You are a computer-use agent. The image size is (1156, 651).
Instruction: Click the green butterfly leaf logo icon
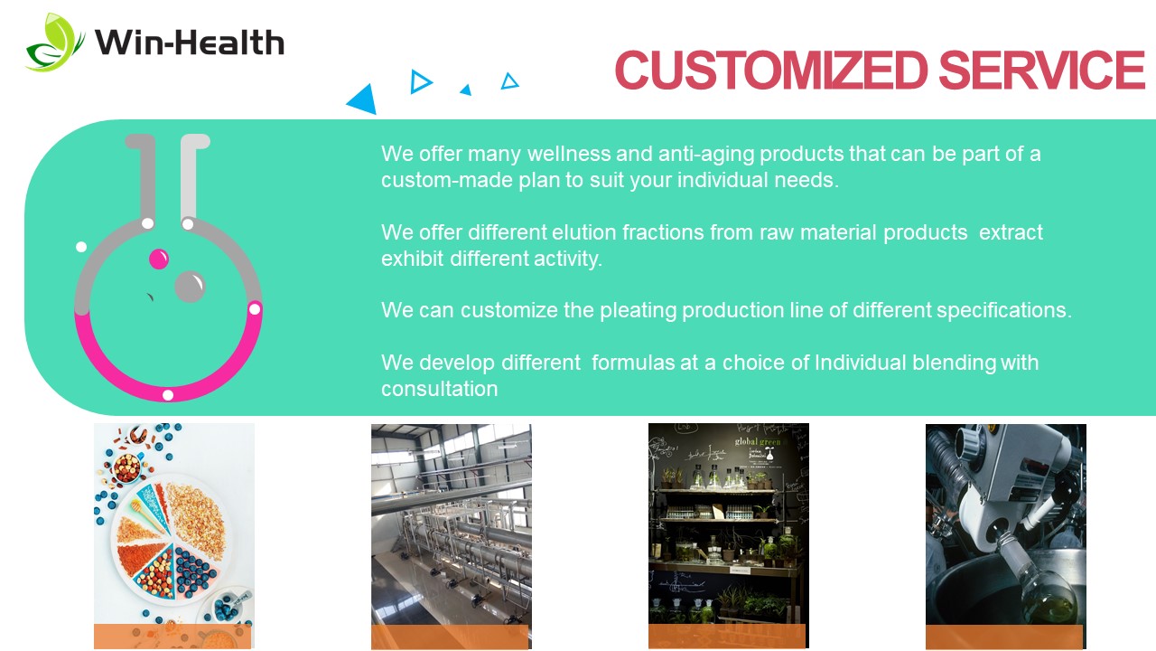click(x=54, y=42)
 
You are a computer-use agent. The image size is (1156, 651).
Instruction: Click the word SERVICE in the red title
click(x=1041, y=71)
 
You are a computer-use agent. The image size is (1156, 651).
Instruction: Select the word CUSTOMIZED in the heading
click(x=771, y=71)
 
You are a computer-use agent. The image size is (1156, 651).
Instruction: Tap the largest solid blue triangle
click(x=363, y=99)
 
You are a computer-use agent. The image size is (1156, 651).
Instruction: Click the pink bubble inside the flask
click(x=159, y=259)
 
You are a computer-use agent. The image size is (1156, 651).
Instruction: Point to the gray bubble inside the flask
click(x=190, y=287)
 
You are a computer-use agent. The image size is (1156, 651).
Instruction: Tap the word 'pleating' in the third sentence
click(x=638, y=311)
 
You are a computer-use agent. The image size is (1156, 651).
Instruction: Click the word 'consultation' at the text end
click(x=440, y=389)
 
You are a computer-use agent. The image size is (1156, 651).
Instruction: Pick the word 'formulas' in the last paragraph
click(x=633, y=363)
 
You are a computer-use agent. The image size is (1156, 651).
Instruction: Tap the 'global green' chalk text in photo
click(x=758, y=442)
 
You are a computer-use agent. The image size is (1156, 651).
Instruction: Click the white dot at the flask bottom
click(x=168, y=395)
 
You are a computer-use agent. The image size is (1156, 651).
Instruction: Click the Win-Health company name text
click(x=190, y=42)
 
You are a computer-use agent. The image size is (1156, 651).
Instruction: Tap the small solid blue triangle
click(x=467, y=90)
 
